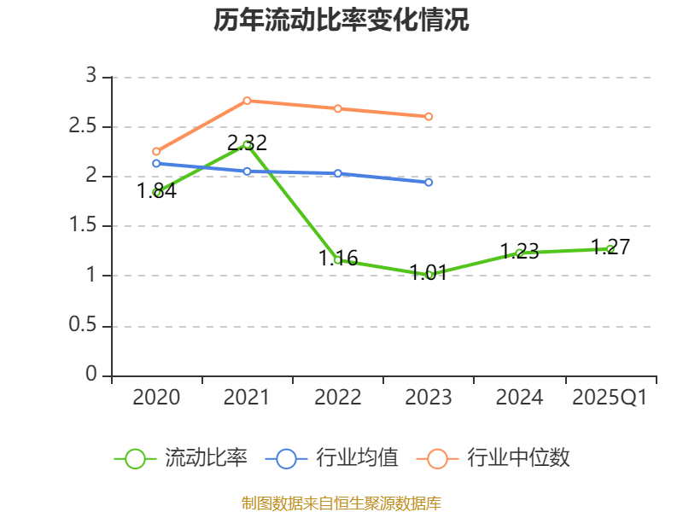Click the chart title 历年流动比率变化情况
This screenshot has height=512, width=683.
point(341,20)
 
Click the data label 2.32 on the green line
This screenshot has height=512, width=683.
point(247,143)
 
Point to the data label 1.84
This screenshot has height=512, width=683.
point(156,191)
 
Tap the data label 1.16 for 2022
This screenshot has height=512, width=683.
point(338,258)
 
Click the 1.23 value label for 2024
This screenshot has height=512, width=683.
point(519,251)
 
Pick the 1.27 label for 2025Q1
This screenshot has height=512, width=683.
point(610,247)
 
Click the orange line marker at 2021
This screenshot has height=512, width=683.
point(247,101)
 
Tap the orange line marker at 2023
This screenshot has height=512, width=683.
point(429,116)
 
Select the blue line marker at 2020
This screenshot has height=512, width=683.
point(156,163)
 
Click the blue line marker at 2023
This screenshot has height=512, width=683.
point(429,183)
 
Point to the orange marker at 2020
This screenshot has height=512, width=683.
point(156,151)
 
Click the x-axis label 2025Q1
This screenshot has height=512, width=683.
point(610,398)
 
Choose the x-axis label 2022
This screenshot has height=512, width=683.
point(337,398)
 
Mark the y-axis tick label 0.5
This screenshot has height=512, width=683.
point(84,326)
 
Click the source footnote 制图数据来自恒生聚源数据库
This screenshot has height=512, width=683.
point(341,503)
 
